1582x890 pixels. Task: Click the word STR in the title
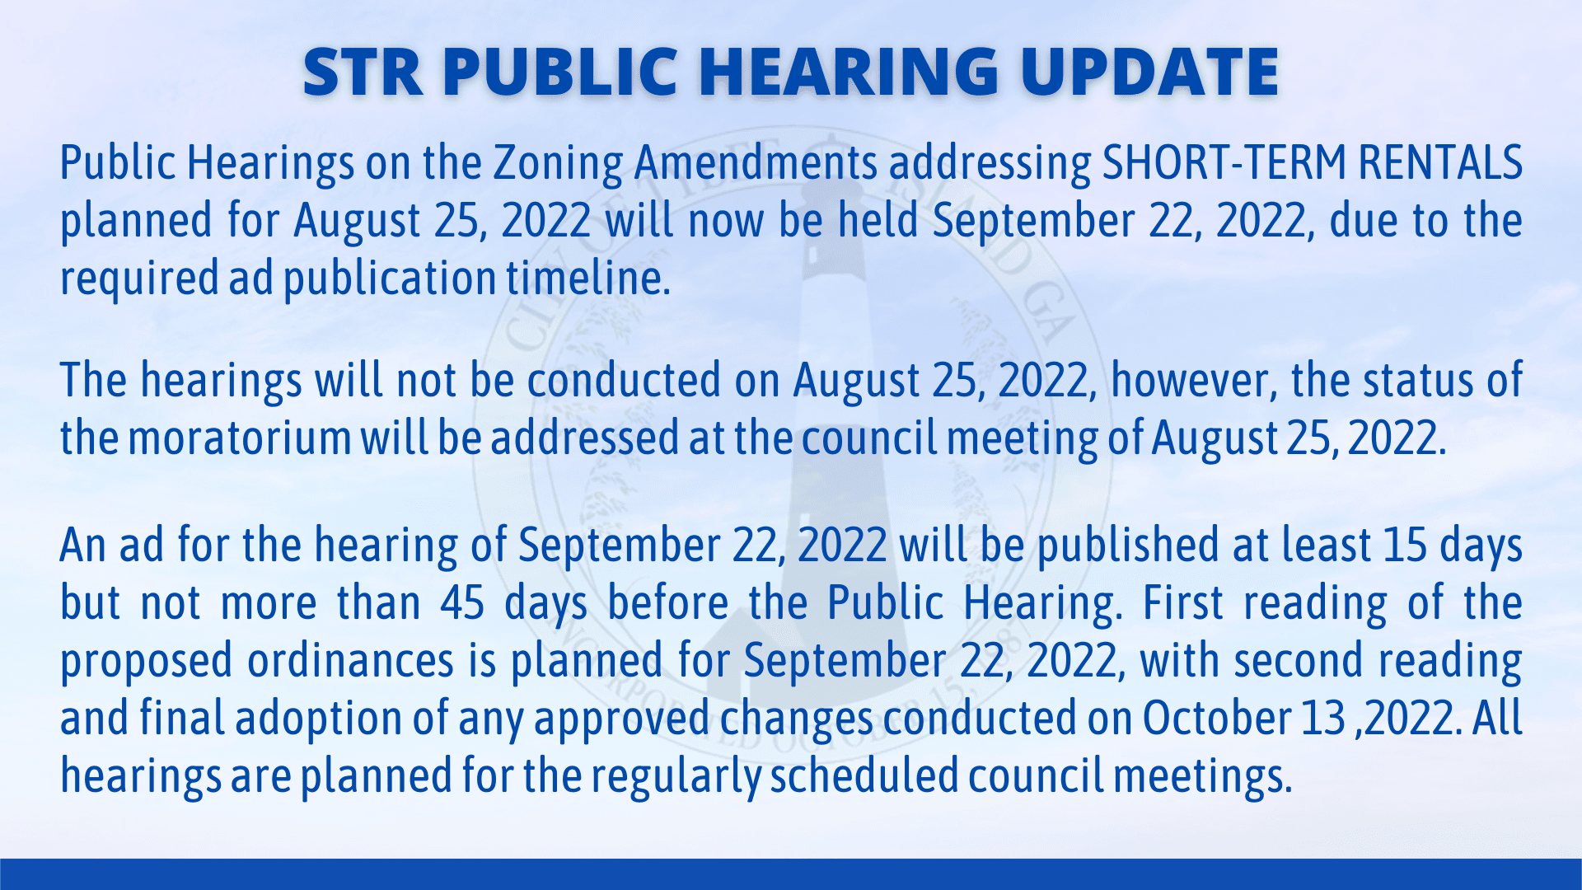(x=363, y=72)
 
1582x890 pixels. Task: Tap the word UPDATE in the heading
(x=1149, y=72)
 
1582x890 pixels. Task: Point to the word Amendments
(x=756, y=162)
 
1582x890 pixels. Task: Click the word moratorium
(x=240, y=438)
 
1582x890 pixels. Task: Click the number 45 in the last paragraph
(x=462, y=603)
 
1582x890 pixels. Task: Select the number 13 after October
(x=1323, y=719)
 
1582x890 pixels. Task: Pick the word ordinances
(x=351, y=661)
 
